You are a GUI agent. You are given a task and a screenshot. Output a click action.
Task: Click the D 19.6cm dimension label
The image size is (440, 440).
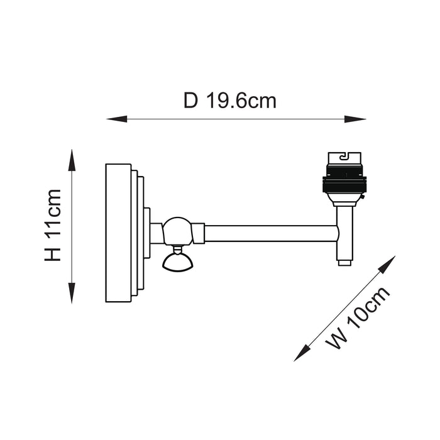[230, 101]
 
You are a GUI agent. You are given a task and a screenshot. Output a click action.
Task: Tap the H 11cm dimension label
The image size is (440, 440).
[53, 225]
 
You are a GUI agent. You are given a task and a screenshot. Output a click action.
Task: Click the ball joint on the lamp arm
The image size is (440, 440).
[177, 231]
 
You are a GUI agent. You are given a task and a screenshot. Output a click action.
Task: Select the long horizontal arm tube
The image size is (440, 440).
[270, 234]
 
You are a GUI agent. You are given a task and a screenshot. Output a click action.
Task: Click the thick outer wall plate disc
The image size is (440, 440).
[118, 233]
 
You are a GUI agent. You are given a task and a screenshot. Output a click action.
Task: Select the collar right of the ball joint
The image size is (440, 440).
[198, 233]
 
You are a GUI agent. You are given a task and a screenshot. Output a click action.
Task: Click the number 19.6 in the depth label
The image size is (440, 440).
[225, 101]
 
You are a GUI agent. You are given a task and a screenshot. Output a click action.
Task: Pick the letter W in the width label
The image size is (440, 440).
[338, 339]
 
